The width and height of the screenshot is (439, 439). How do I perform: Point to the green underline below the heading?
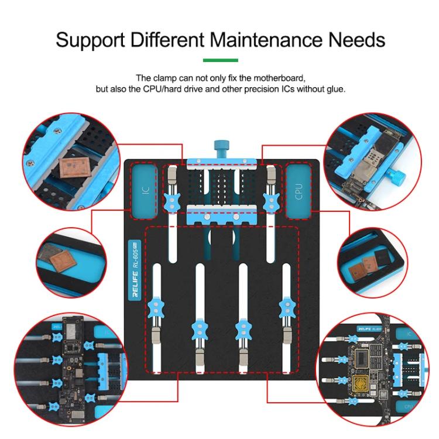220,60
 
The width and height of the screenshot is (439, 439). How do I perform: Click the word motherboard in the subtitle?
281,78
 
